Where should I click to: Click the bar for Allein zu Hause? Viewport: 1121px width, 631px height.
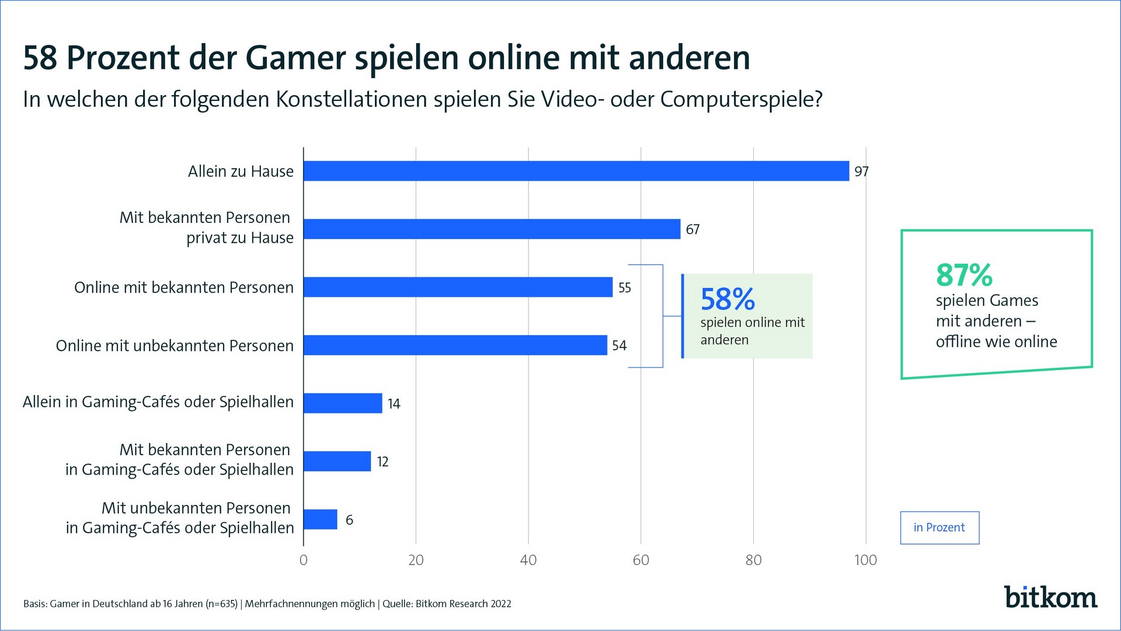pos(576,171)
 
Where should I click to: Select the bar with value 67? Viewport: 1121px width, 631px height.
pos(492,229)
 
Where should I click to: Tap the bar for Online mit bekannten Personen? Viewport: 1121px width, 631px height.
pos(458,287)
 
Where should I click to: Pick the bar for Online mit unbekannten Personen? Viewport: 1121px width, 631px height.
pos(455,345)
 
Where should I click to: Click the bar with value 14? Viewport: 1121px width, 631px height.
pos(343,403)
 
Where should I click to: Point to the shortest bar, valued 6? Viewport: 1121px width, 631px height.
pos(320,519)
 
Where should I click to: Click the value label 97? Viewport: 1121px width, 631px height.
pos(861,172)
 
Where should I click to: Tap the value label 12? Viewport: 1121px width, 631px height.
pos(382,462)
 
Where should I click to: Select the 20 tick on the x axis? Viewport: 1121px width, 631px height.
pos(416,560)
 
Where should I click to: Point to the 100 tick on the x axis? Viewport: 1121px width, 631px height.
pos(865,560)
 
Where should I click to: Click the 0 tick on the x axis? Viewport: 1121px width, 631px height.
pos(303,560)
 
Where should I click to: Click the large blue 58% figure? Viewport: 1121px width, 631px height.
pos(727,299)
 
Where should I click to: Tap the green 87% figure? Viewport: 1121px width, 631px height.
pos(964,274)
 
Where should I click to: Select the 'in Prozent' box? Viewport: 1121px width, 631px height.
pos(939,528)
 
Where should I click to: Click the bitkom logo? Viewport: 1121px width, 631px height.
pos(1050,597)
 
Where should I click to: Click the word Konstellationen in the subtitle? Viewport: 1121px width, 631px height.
pos(351,99)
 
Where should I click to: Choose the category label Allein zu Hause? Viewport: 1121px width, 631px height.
pos(241,172)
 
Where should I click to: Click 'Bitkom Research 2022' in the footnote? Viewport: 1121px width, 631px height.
pos(463,604)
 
